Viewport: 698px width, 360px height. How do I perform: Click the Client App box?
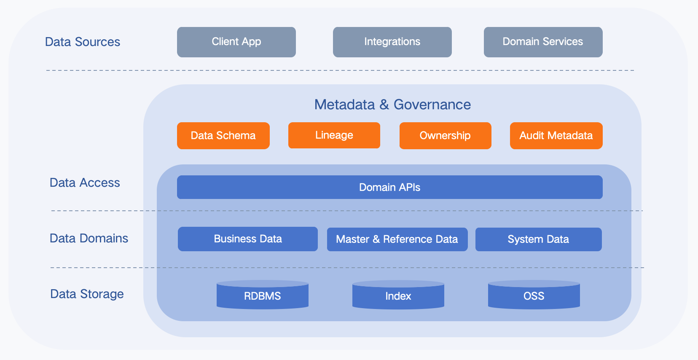236,42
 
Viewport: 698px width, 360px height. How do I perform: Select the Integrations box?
392,42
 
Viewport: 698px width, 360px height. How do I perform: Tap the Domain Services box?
543,42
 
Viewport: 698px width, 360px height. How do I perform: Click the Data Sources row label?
83,42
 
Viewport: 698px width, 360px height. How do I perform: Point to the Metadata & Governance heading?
392,105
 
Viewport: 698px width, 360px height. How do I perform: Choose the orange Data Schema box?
223,136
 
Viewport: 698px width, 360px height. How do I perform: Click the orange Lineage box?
334,135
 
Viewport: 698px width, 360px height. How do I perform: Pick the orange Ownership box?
445,136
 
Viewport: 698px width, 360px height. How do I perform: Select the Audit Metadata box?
556,136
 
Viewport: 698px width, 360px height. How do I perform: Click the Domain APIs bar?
389,187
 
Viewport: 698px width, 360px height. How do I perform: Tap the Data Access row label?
85,183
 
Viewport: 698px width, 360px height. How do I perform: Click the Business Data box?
247,239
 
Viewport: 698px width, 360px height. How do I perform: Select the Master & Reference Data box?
397,239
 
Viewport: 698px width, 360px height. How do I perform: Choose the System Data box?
538,239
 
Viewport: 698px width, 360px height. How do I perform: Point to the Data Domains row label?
89,238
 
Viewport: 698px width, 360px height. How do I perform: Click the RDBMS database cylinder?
262,296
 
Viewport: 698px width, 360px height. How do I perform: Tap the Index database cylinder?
398,296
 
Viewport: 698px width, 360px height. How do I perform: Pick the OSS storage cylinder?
534,296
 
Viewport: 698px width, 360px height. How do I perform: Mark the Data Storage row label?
87,294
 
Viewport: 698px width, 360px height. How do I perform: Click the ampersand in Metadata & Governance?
384,105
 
